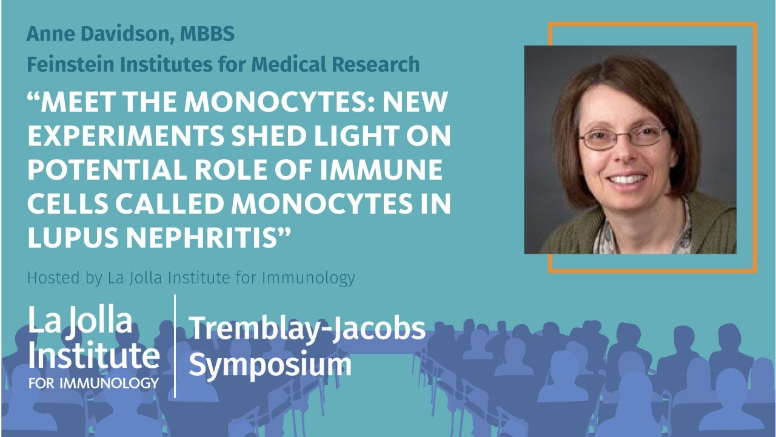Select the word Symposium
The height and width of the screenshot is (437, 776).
coord(270,364)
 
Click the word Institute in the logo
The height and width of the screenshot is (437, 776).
coord(93,356)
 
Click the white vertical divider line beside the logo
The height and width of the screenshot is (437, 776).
coord(175,346)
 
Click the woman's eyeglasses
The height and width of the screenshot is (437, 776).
coord(622,137)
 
